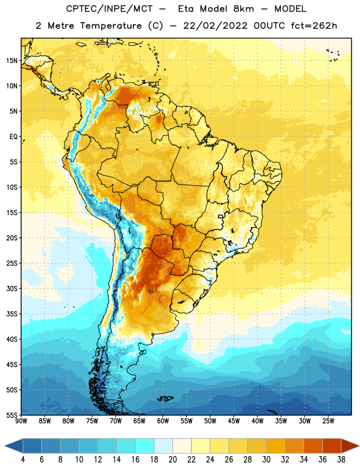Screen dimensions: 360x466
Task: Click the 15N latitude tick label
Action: [12, 61]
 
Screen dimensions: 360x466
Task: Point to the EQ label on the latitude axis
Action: [13, 137]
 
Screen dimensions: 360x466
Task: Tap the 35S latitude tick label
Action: [12, 314]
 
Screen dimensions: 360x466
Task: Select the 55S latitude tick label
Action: [12, 415]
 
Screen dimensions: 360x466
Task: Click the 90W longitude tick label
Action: [21, 421]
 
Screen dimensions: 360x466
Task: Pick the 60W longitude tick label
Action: [163, 421]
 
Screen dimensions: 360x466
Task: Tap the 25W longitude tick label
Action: [328, 421]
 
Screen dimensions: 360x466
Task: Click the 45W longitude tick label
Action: [234, 421]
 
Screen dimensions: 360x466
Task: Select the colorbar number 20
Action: [172, 460]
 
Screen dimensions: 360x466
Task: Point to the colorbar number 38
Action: [341, 460]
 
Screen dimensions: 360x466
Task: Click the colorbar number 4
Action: [23, 460]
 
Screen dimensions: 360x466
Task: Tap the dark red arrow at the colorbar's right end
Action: [350, 446]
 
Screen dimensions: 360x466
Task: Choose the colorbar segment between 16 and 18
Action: [145, 446]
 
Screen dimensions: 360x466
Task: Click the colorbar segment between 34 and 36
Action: [313, 446]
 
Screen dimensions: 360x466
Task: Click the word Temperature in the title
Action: [111, 26]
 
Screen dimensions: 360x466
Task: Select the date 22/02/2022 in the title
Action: [215, 26]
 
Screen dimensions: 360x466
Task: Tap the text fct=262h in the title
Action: [314, 26]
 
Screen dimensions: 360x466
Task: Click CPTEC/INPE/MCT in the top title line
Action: [110, 9]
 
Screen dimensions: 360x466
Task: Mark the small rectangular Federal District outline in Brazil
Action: [221, 216]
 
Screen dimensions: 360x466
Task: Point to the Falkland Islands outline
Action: [165, 398]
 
